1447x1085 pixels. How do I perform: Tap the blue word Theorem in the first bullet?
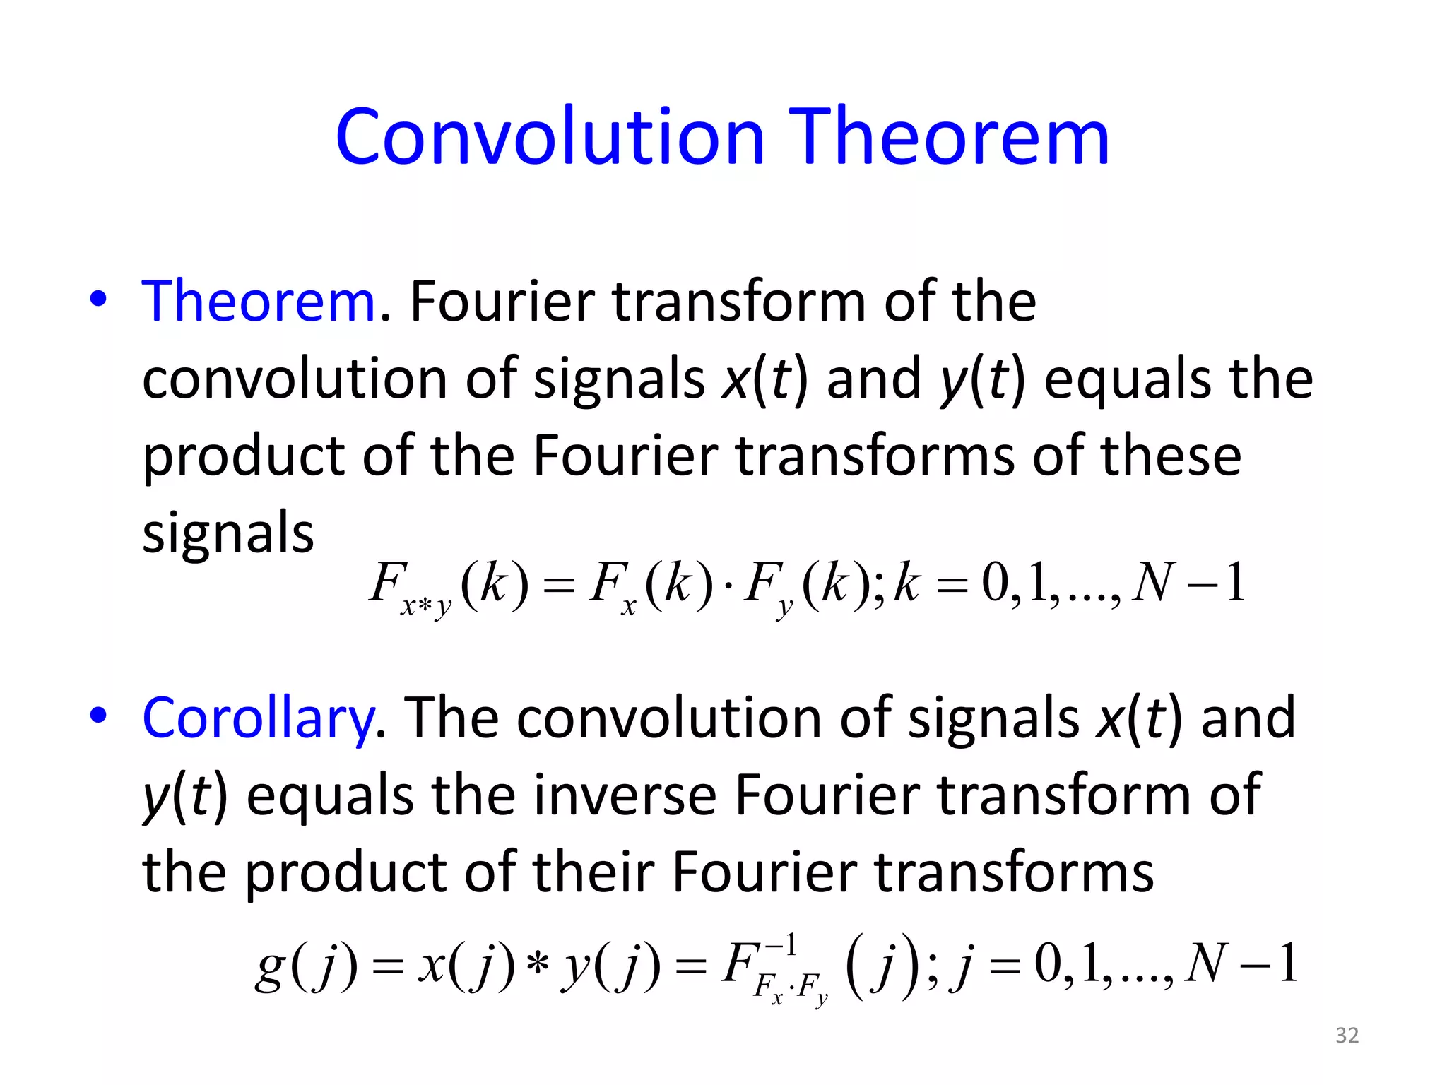(x=259, y=302)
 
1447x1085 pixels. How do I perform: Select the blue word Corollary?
(x=259, y=718)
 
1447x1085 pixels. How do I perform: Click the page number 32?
(x=1347, y=1035)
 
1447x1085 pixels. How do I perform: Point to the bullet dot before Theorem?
(x=98, y=299)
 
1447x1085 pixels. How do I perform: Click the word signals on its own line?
(x=228, y=533)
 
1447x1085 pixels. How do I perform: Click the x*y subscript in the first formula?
(x=425, y=606)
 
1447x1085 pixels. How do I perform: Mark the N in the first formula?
(x=1153, y=583)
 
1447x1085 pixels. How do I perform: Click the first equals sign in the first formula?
(x=559, y=586)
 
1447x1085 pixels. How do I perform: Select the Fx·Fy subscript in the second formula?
(x=790, y=988)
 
